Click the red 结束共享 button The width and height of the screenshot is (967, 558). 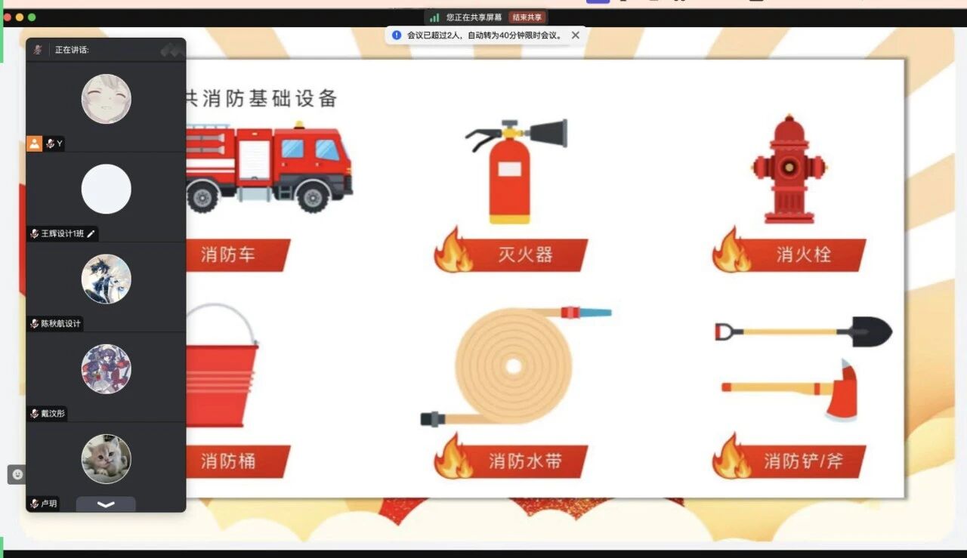click(x=527, y=17)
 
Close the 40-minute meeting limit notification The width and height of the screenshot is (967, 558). click(x=576, y=35)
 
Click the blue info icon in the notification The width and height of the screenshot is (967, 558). click(x=397, y=35)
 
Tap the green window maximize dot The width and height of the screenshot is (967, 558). click(x=32, y=17)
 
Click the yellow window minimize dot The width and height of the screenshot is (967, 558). click(x=20, y=17)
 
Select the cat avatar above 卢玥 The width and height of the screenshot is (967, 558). click(x=107, y=459)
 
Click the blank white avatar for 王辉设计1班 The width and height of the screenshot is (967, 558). click(x=107, y=189)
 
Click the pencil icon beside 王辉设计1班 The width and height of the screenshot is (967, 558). click(x=91, y=234)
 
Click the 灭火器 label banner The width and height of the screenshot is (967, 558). click(x=511, y=254)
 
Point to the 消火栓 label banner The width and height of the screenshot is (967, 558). click(x=789, y=254)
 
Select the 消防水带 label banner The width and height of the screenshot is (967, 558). click(x=511, y=461)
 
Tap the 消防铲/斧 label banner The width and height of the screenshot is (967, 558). click(x=789, y=461)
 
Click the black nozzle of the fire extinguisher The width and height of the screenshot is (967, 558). click(x=549, y=134)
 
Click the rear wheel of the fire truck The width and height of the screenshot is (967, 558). click(x=202, y=198)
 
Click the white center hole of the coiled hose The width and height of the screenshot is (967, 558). click(x=513, y=366)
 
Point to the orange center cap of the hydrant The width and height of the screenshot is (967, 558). click(x=789, y=167)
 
